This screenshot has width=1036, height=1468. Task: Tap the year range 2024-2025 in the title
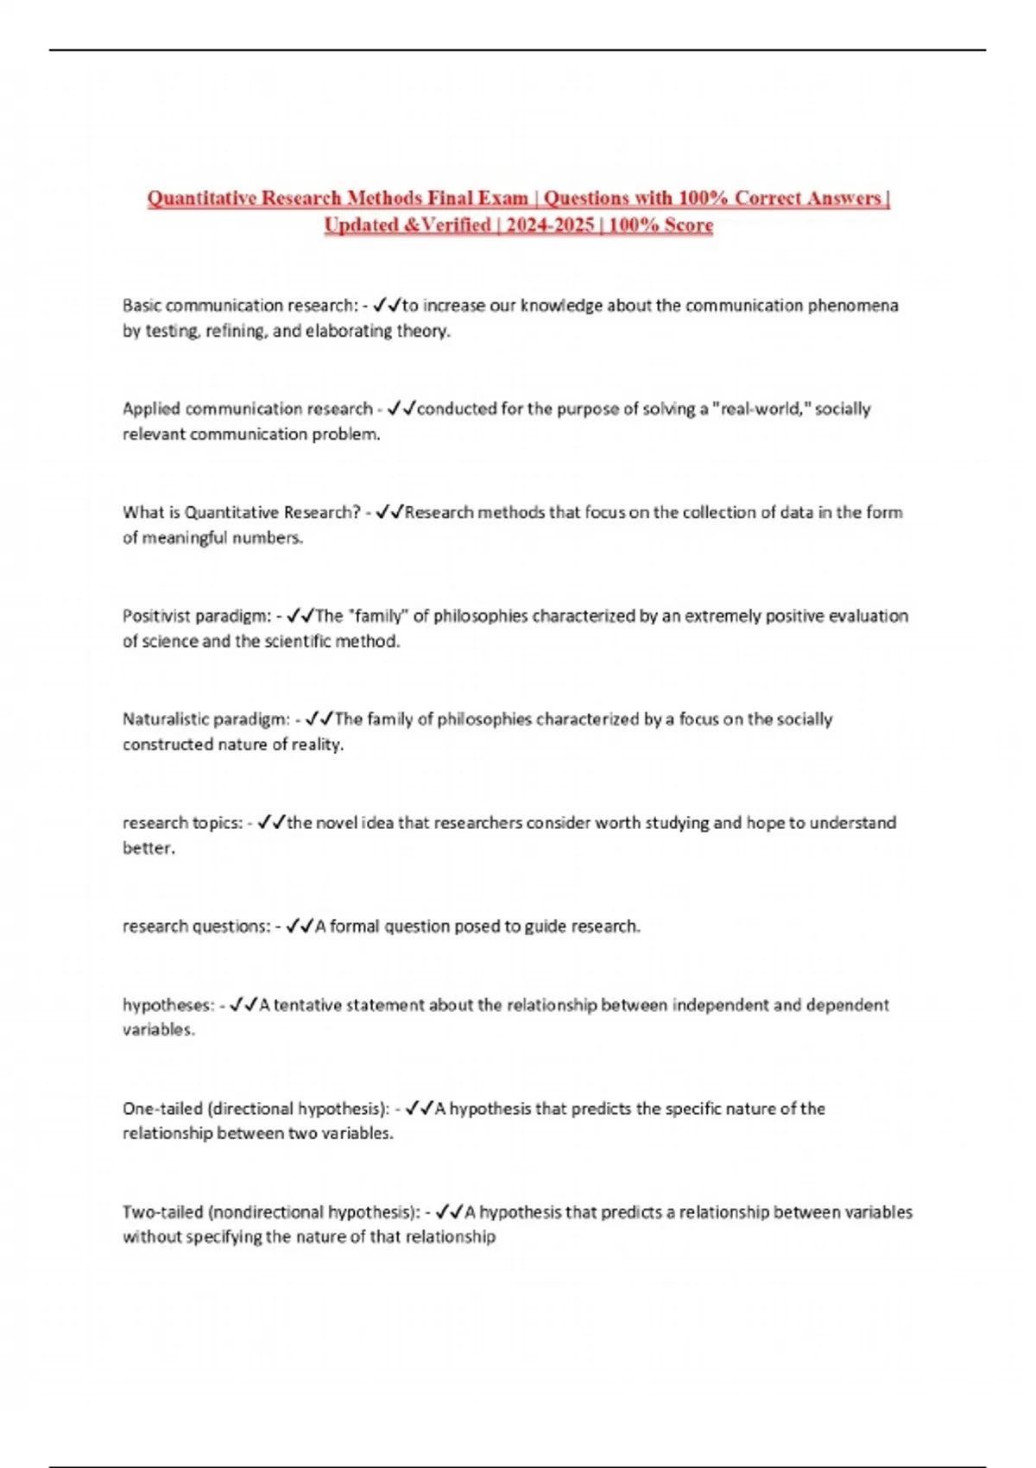click(x=549, y=225)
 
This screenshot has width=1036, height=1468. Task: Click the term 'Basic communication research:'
click(x=239, y=306)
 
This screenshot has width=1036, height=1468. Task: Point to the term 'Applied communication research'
click(x=247, y=408)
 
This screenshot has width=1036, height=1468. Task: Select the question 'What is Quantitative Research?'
click(x=241, y=512)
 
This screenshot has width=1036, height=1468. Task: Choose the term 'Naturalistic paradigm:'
click(x=205, y=719)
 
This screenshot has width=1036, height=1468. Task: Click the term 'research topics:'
click(x=182, y=823)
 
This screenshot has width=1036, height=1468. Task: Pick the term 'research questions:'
click(x=196, y=927)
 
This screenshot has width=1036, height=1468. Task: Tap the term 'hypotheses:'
click(x=167, y=1005)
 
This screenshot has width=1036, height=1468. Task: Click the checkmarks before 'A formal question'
click(x=299, y=927)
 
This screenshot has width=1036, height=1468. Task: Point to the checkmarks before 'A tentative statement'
click(x=243, y=1005)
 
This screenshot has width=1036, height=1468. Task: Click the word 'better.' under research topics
click(x=148, y=848)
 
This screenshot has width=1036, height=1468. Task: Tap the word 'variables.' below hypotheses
click(x=158, y=1030)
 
